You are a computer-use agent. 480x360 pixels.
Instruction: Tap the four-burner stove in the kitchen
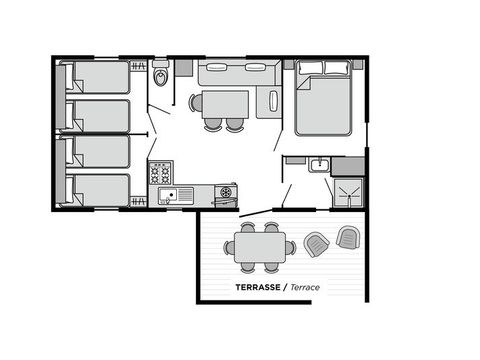[x=161, y=173]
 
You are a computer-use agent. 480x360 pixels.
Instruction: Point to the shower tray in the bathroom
[x=347, y=192]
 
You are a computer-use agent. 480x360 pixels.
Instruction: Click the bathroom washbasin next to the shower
[x=318, y=165]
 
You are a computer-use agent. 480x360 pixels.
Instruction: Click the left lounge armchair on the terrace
[x=315, y=242]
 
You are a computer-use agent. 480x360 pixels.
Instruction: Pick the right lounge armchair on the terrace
[x=347, y=237]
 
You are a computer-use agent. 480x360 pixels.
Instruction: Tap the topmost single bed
[x=96, y=77]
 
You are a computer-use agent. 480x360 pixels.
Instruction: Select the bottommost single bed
[x=96, y=189]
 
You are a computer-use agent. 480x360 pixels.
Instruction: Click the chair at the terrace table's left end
[x=229, y=247]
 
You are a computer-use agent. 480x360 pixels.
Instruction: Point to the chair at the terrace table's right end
[x=290, y=247]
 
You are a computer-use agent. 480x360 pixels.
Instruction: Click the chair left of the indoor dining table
[x=195, y=102]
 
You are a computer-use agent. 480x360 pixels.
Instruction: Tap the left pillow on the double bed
[x=309, y=69]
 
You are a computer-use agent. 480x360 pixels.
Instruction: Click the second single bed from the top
[x=96, y=114]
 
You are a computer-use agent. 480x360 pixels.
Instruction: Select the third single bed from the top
[x=96, y=151]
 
